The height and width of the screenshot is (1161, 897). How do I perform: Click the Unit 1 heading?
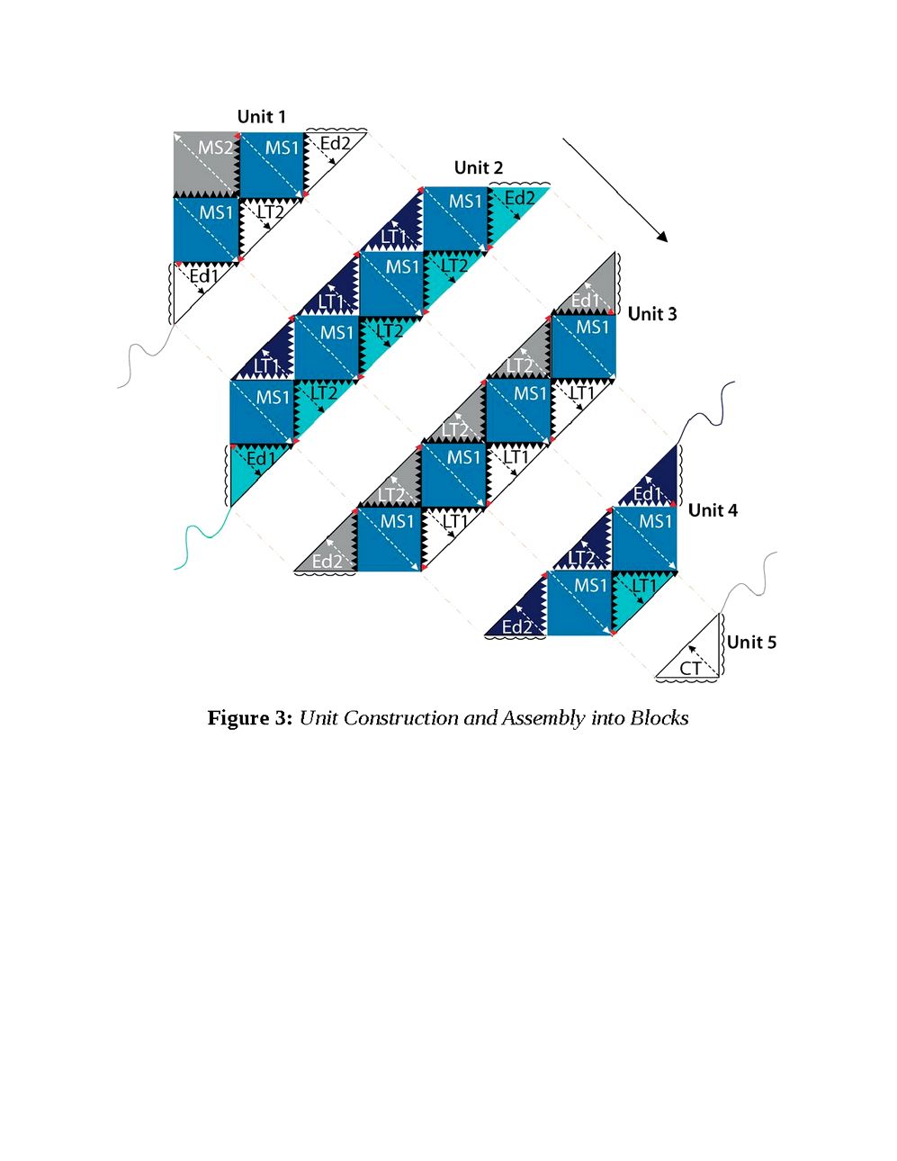pyautogui.click(x=261, y=116)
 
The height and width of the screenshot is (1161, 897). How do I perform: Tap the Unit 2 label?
pyautogui.click(x=479, y=167)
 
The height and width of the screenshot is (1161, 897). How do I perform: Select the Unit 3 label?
pyautogui.click(x=652, y=313)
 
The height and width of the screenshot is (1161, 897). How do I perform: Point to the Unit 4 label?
pyautogui.click(x=713, y=510)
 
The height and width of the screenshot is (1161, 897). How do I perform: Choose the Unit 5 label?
pyautogui.click(x=752, y=642)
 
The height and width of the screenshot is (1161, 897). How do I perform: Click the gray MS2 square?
pyautogui.click(x=206, y=165)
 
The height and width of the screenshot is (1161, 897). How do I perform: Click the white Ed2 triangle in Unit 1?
pyautogui.click(x=325, y=154)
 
